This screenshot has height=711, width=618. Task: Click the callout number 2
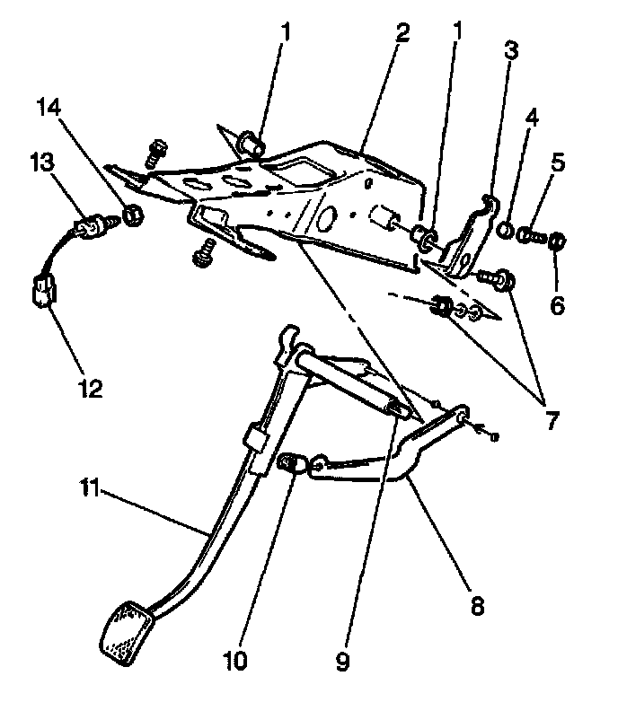click(402, 35)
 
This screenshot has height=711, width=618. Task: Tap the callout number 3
click(511, 50)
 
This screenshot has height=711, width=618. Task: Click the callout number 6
click(557, 305)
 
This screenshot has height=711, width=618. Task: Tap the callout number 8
click(476, 606)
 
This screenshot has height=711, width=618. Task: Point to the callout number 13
click(43, 163)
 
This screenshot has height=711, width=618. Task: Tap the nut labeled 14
click(132, 215)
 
